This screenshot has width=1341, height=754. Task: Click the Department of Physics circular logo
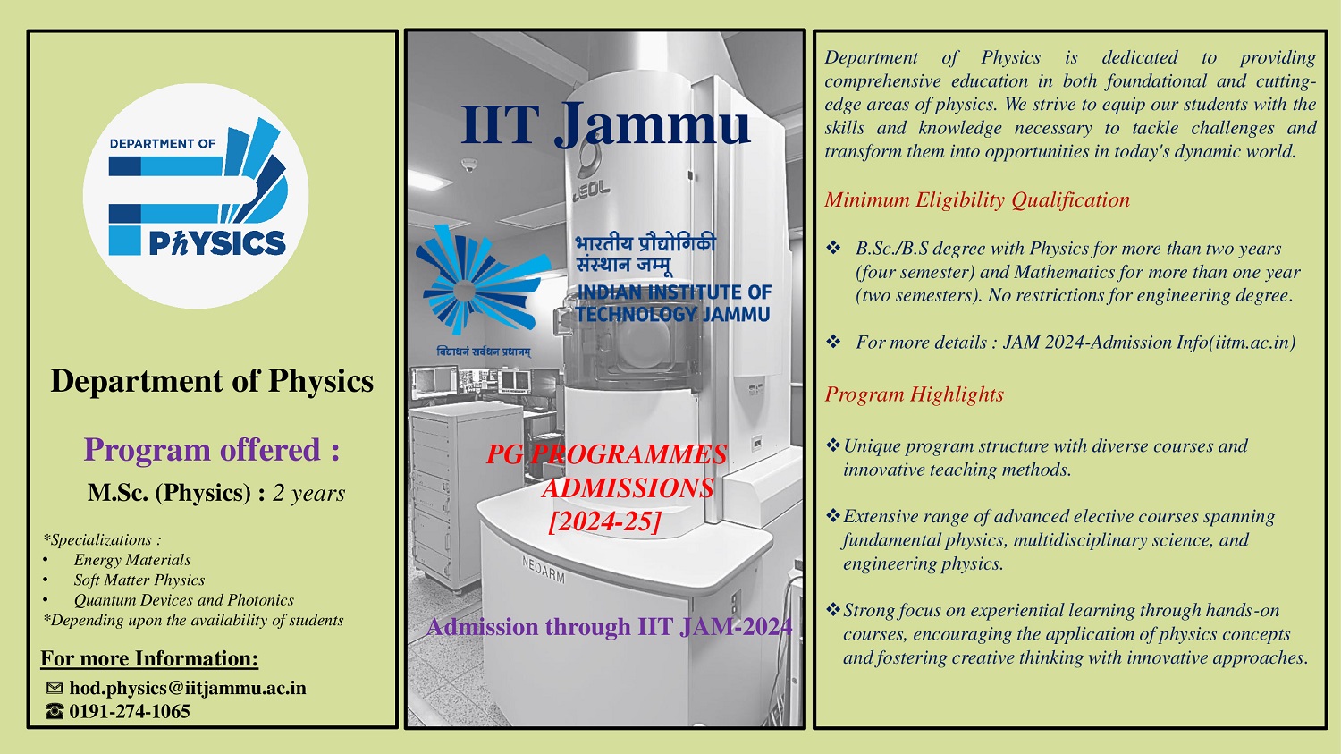(196, 197)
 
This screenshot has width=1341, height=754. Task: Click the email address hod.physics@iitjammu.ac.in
(188, 688)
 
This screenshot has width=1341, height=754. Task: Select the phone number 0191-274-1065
(130, 711)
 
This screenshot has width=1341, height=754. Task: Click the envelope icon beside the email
(55, 688)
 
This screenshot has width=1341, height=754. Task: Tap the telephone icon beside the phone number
(55, 711)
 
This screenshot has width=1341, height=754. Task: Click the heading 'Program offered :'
(212, 450)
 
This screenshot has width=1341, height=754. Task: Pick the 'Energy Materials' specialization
(132, 560)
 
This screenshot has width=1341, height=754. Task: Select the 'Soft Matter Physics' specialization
(139, 580)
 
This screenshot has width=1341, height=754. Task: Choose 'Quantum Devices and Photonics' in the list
(184, 600)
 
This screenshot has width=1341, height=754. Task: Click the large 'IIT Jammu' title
(604, 125)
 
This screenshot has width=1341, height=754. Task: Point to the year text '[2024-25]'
(605, 521)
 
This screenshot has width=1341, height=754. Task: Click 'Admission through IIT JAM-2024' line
(610, 627)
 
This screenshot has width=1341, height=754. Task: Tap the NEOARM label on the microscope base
(543, 569)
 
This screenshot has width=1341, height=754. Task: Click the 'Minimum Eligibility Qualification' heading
(977, 199)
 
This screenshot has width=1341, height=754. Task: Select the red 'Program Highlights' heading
(915, 394)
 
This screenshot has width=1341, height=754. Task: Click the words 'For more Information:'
(149, 658)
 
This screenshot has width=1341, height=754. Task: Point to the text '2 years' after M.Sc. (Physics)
(309, 493)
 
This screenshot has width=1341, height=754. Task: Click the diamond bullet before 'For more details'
(833, 342)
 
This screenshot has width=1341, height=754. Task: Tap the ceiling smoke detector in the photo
(468, 165)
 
